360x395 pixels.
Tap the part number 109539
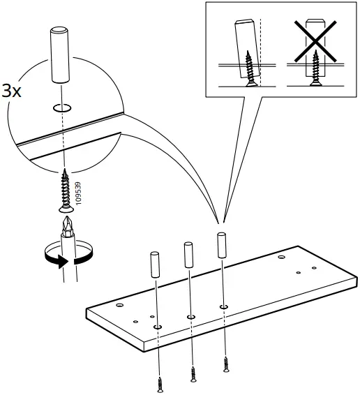click(77, 193)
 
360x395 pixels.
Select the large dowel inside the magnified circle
click(60, 54)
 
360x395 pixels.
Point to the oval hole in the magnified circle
click(61, 108)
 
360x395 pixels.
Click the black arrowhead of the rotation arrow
click(63, 262)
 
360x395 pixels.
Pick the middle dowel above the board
click(188, 255)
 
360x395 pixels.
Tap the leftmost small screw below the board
click(161, 383)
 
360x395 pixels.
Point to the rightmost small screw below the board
click(225, 364)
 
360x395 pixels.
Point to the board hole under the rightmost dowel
click(223, 306)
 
